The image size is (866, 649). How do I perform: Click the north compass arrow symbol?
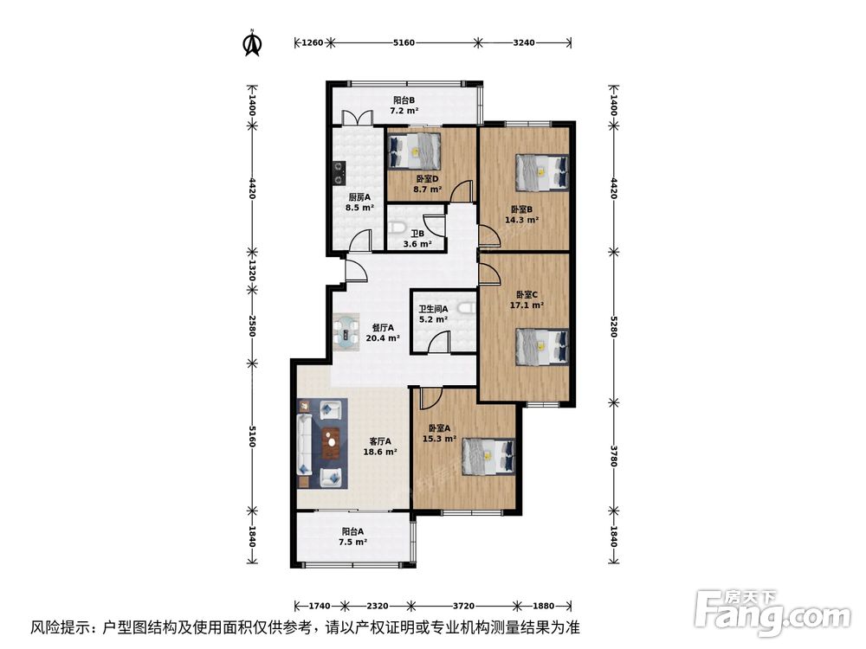[x=252, y=42]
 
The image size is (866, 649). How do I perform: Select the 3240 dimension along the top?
[x=526, y=42]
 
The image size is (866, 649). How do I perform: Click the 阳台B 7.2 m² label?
[x=404, y=106]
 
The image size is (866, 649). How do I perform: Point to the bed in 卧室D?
[x=415, y=150]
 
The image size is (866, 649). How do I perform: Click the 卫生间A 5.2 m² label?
[x=432, y=314]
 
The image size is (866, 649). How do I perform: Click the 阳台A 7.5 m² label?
[x=353, y=537]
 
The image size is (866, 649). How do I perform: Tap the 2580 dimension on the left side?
[x=252, y=326]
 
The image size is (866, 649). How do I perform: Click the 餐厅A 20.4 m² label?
[x=382, y=333]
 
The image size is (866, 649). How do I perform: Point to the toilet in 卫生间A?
[x=466, y=308]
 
